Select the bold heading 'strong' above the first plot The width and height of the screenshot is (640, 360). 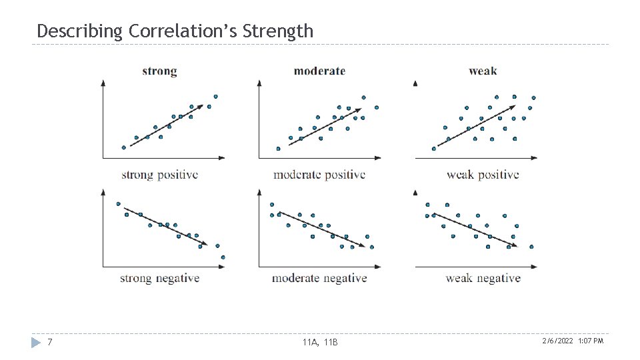(x=159, y=71)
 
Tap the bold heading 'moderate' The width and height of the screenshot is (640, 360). (x=319, y=71)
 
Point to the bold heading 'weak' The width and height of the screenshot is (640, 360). (x=483, y=71)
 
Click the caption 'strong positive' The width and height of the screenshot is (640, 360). (x=159, y=175)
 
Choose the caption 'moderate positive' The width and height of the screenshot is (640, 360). (x=319, y=175)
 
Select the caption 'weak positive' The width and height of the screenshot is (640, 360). (x=483, y=175)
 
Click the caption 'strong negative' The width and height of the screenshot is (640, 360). (x=159, y=278)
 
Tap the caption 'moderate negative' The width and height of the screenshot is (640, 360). (x=319, y=278)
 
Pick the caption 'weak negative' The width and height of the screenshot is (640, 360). (x=483, y=278)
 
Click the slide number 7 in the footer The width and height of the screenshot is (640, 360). (x=50, y=342)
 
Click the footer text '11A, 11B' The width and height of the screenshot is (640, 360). (x=320, y=342)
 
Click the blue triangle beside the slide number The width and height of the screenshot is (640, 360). (x=37, y=342)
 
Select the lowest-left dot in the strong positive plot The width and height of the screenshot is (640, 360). (x=123, y=147)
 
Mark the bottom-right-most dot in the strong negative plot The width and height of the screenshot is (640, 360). (x=223, y=257)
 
